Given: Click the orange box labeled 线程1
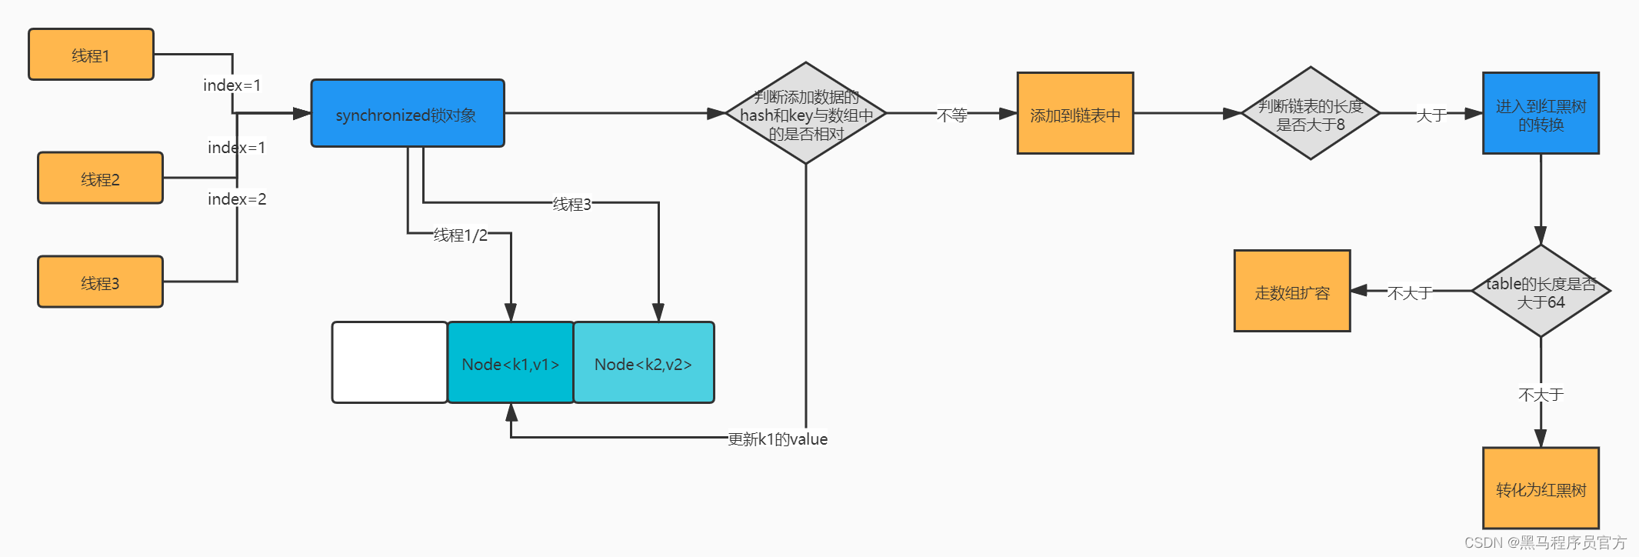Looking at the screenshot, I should pos(91,55).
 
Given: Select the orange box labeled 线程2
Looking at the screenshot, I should pos(100,178).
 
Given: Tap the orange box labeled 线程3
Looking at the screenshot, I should pos(100,282).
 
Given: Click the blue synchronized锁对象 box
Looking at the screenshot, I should pos(407,113).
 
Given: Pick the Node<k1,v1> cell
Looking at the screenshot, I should pos(511,363).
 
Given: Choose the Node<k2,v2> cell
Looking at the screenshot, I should pos(643,363).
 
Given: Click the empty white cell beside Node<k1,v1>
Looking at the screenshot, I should pos(389,362).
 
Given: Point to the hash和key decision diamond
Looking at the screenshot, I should pos(805,114).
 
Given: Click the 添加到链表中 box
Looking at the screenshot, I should pos(1074,114).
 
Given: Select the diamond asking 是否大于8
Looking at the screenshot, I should pos(1310,114).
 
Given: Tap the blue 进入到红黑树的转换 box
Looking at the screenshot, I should pos(1540,114).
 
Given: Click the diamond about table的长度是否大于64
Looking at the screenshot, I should pos(1540,292).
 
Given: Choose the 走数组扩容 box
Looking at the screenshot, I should pos(1291,292).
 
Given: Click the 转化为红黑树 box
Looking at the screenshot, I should pos(1540,489).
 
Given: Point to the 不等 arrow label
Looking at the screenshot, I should pos(951,115).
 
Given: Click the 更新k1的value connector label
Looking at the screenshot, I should pos(777,439).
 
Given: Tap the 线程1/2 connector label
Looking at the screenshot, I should pos(460,235).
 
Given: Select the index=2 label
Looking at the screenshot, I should pos(237,199).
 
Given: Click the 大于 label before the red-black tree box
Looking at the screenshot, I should pos(1431,115).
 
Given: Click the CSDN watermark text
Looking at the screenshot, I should pos(1544,542).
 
